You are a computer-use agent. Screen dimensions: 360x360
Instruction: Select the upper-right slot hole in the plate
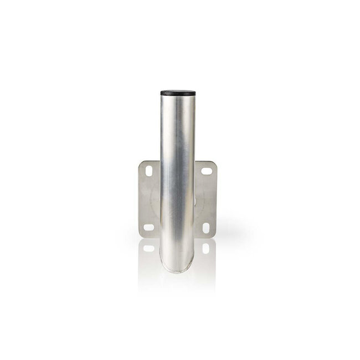[207, 172]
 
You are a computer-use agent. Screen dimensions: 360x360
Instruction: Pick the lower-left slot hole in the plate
[148, 227]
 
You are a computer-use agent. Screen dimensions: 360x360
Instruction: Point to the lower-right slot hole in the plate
[206, 228]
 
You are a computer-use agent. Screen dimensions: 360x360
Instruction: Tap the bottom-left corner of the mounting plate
[141, 236]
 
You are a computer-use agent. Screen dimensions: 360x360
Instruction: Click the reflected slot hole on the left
[148, 248]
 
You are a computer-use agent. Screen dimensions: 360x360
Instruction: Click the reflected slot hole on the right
[206, 248]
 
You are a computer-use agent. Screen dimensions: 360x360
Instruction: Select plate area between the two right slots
[207, 199]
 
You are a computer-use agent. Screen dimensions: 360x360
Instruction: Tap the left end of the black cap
[162, 92]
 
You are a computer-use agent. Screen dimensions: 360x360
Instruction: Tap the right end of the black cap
[195, 92]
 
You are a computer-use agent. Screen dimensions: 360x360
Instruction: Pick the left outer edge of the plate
[139, 199]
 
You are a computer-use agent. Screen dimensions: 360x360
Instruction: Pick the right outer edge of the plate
[216, 199]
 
